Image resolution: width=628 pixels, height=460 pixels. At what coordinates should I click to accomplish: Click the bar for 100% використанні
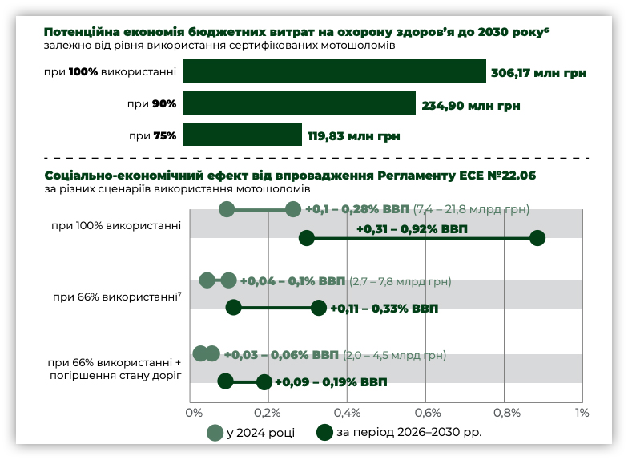coord(335,71)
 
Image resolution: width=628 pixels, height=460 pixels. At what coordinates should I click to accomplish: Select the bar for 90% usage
coord(300,103)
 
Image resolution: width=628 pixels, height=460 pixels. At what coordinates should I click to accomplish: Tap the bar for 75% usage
coord(243,135)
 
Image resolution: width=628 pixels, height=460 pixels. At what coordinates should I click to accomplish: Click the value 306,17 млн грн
coord(539,72)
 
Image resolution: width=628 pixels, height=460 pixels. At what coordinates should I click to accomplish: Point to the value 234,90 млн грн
coord(470,104)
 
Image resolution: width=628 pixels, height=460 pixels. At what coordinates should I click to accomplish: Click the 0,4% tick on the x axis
coord(348,413)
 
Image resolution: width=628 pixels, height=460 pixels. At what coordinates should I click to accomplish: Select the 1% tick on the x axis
coord(582,413)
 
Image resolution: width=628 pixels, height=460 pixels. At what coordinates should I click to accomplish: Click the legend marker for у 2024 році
coord(215,433)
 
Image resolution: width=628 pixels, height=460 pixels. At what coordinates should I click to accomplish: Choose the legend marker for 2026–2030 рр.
coord(324,433)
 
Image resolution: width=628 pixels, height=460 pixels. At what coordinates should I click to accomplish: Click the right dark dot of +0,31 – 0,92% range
coord(537,238)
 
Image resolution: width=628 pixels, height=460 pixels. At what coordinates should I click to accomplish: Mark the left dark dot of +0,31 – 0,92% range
coord(306,238)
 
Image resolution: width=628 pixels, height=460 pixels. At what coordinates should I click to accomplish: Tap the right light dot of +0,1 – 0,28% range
coord(293,209)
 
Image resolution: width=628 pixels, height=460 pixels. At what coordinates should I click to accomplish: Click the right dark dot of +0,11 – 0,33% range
coord(319,307)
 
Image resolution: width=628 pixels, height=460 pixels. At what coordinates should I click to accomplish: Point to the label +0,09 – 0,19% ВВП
coord(331,382)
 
